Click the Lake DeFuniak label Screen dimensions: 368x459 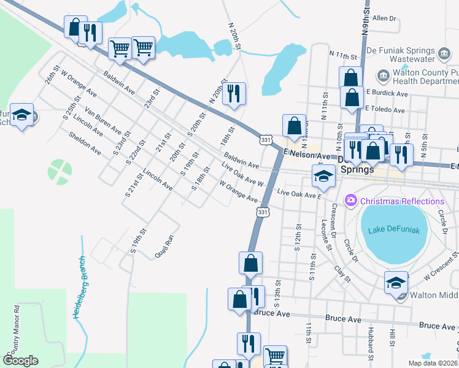point(393,231)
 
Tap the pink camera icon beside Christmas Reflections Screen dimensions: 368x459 point(351,201)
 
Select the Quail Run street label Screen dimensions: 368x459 point(164,246)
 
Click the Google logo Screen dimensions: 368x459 point(20,361)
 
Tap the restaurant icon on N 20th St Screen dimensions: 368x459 point(234,93)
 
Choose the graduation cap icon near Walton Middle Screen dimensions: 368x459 point(396,282)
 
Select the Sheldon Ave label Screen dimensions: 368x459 point(85,142)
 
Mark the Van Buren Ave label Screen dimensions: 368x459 point(103,121)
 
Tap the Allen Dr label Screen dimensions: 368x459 point(385,19)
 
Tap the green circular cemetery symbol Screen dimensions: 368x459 point(60,171)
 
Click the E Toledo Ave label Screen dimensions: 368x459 point(385,110)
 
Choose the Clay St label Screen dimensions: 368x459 point(342,272)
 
